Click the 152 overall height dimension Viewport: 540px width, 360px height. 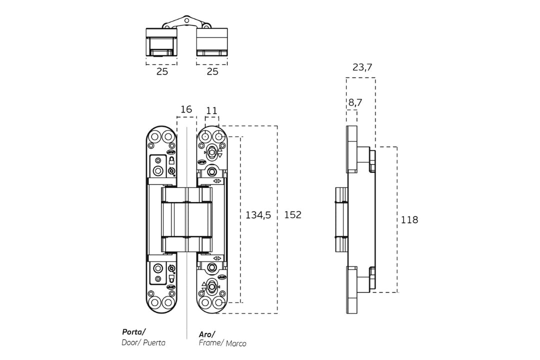[292, 215]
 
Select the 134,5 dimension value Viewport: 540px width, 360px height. [258, 215]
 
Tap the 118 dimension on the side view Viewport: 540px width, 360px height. [409, 219]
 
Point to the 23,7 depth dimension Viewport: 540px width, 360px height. [362, 67]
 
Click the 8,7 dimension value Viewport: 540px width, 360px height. [355, 102]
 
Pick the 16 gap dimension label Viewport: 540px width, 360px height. [186, 109]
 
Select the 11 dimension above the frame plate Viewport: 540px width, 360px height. [211, 110]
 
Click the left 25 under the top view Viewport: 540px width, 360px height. [162, 71]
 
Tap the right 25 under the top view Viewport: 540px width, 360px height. [212, 71]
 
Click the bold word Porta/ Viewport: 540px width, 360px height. [133, 332]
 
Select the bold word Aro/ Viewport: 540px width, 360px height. [206, 334]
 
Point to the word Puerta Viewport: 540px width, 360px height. [154, 343]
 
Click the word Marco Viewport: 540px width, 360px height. [236, 343]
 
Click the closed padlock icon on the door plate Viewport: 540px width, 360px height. [171, 160]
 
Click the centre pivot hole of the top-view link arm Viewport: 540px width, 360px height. [186, 21]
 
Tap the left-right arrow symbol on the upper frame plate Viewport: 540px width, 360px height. [217, 180]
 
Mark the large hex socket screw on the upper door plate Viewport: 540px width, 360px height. [158, 171]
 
